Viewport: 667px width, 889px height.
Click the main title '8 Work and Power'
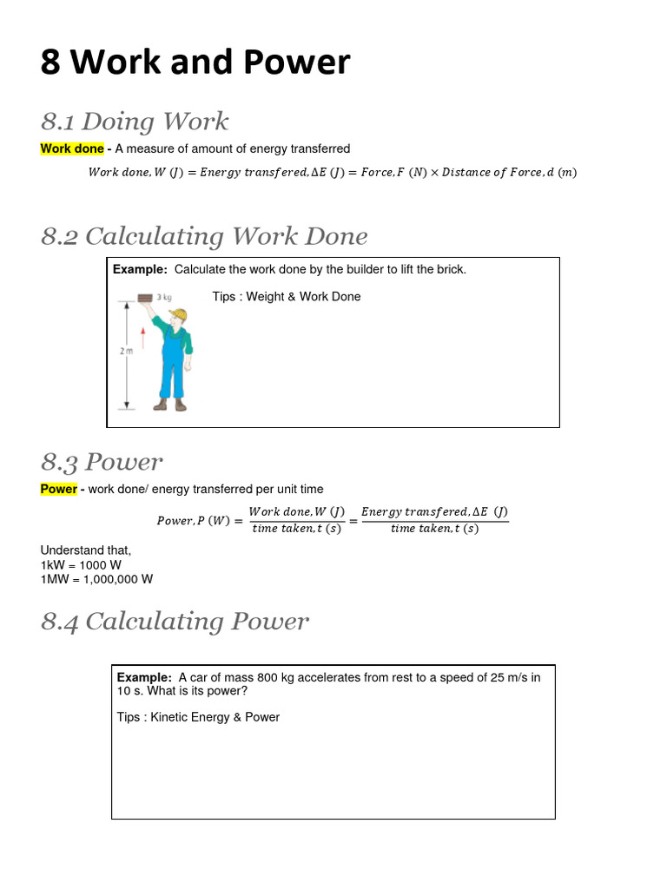click(x=195, y=63)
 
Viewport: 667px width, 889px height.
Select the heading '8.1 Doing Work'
click(x=135, y=122)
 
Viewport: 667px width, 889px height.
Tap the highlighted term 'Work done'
click(x=72, y=148)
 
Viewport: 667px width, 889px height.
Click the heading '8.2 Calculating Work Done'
click(x=204, y=236)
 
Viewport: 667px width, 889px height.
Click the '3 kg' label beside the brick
click(x=163, y=297)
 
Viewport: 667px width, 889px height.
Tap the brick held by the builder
click(x=145, y=299)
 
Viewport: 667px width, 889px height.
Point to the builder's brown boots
click(x=170, y=405)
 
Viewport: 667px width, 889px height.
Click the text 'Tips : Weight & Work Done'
click(x=287, y=297)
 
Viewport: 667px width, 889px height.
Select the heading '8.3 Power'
click(x=102, y=462)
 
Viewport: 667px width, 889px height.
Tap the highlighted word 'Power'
click(x=59, y=489)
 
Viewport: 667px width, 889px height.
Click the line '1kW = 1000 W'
click(x=81, y=564)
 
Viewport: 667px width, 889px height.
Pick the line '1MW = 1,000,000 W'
click(x=96, y=578)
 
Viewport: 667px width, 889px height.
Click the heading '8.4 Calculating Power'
click(x=175, y=622)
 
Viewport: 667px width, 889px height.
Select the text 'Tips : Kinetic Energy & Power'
click(x=198, y=717)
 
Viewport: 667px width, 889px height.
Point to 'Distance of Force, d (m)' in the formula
click(x=509, y=172)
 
